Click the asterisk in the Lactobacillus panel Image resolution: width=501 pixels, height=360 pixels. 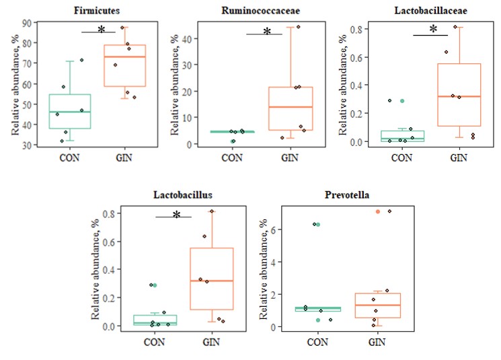[x=177, y=215]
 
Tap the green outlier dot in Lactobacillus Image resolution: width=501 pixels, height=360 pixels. [x=155, y=285]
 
